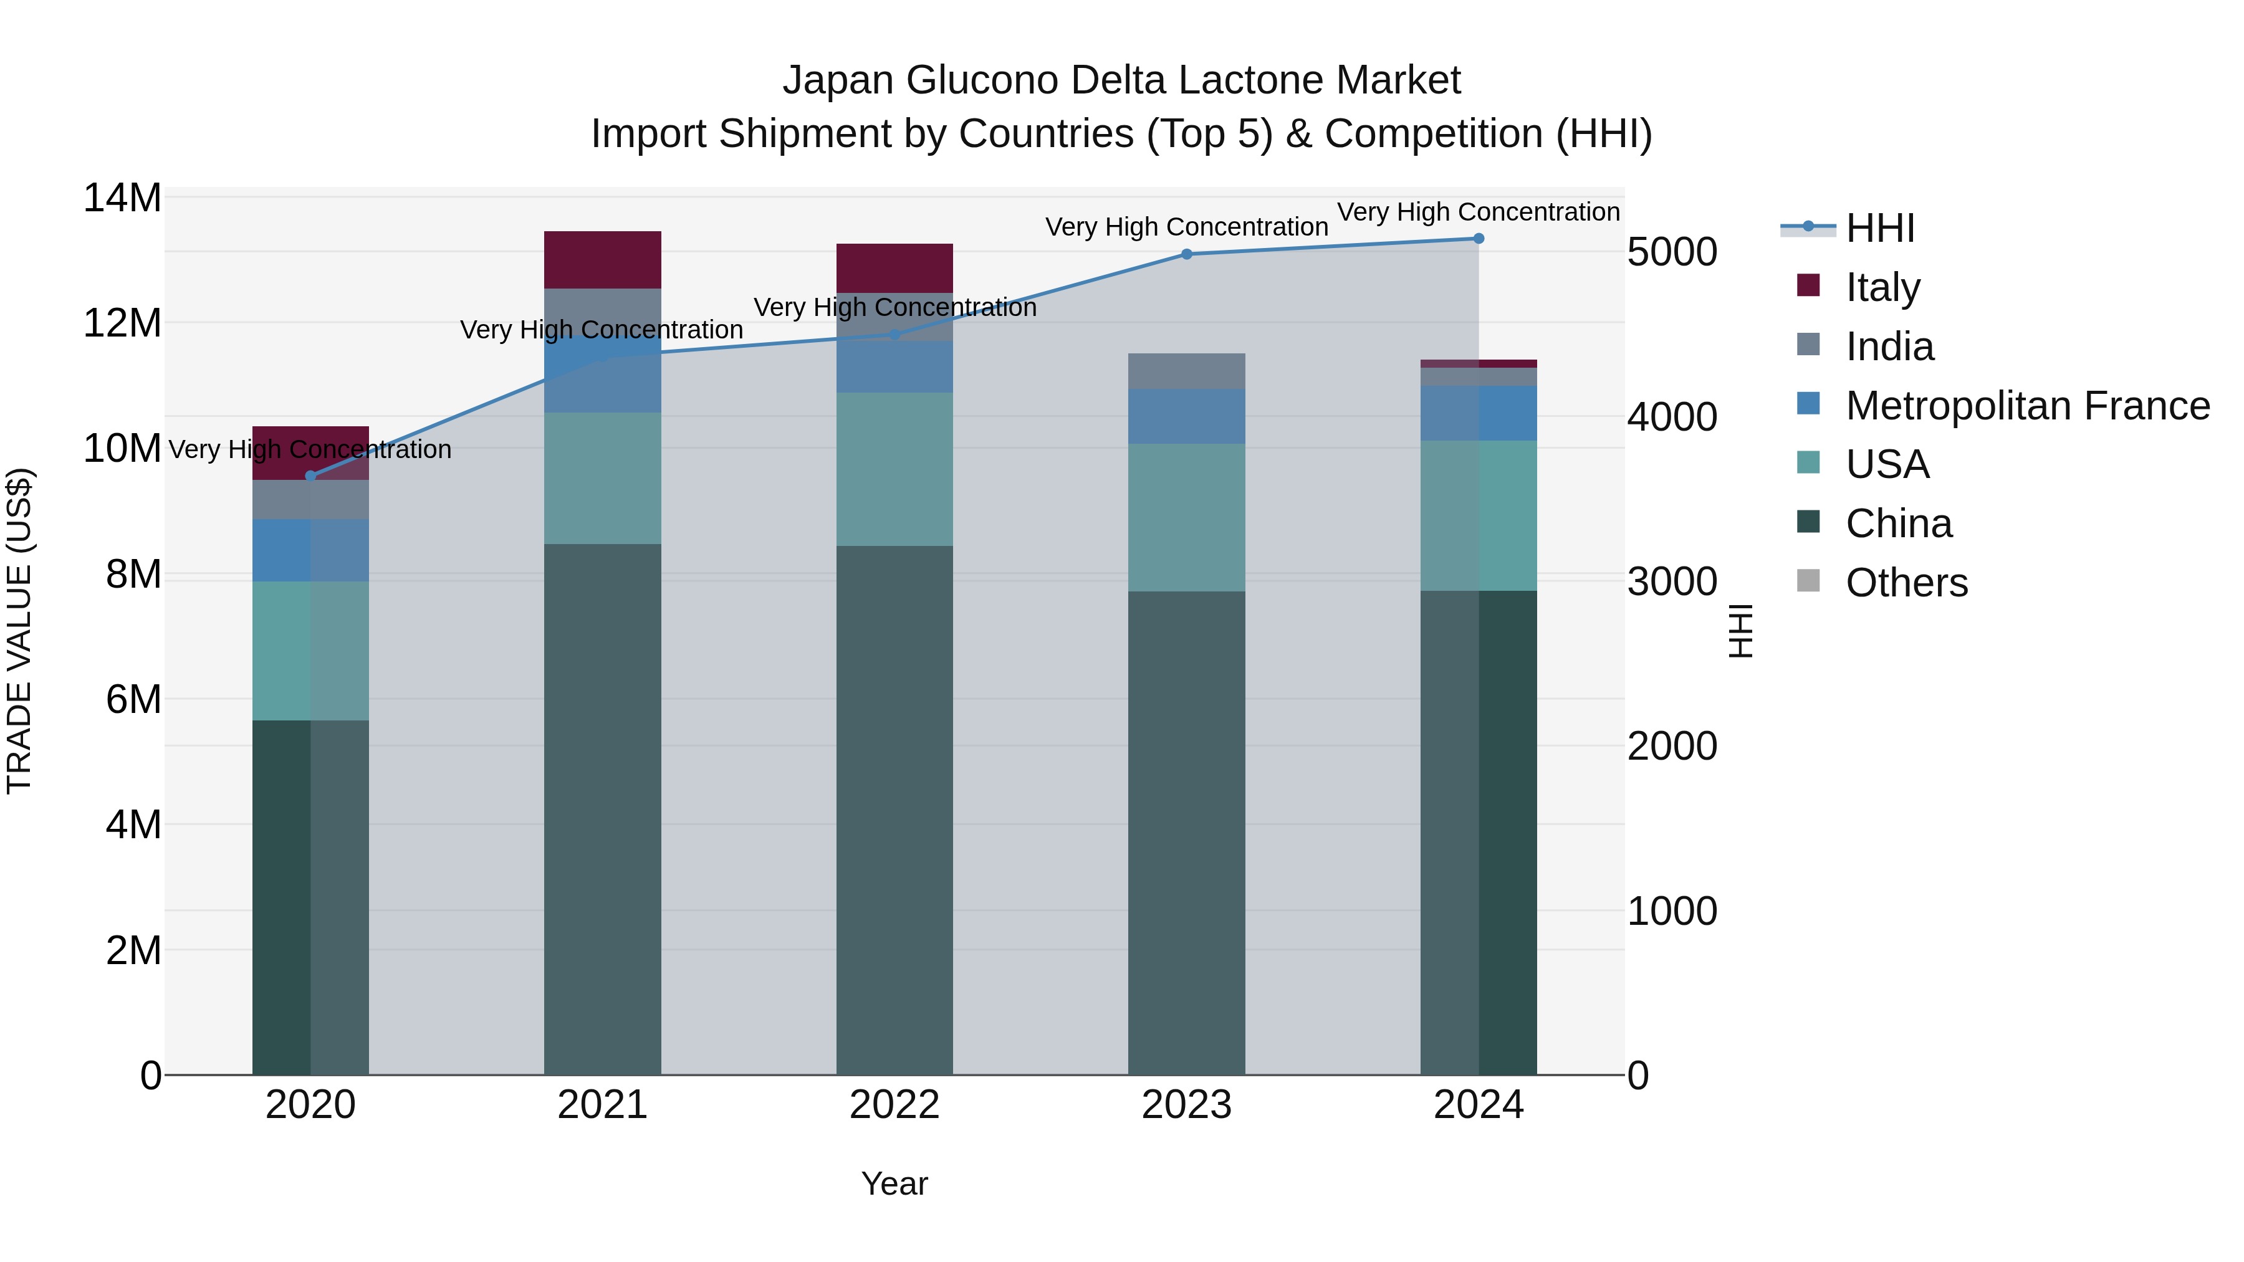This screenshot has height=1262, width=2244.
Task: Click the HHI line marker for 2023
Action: tap(1186, 254)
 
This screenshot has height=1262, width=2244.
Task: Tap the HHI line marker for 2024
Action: tap(1479, 239)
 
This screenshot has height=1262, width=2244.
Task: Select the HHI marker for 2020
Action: tap(311, 476)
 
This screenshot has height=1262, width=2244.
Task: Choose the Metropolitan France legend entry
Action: tap(2026, 406)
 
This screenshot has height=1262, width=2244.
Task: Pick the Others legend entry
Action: tap(1906, 583)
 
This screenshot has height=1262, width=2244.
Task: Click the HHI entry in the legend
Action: tap(1880, 228)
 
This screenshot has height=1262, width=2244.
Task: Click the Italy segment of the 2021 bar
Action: tap(603, 259)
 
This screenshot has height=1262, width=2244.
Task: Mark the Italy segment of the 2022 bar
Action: tap(894, 268)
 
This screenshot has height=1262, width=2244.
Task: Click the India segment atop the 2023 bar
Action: tap(1186, 371)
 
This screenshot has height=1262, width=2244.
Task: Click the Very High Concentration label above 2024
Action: tap(1479, 213)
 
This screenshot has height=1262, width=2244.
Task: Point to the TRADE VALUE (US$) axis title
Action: tap(20, 631)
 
